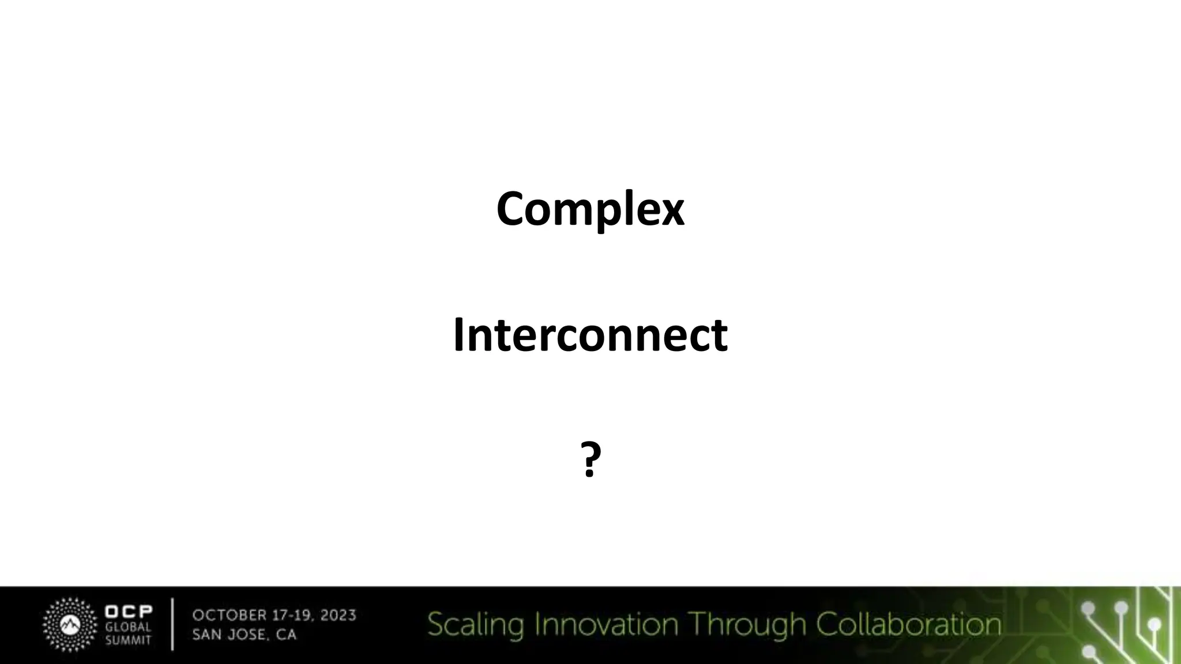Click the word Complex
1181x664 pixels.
point(590,209)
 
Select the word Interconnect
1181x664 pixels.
point(590,335)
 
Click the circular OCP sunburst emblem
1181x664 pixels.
point(70,625)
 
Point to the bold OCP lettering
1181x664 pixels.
point(129,612)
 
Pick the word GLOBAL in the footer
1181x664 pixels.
point(128,627)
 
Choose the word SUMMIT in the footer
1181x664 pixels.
point(128,640)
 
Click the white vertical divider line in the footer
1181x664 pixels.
point(172,625)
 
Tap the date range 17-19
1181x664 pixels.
point(291,616)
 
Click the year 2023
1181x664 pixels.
point(338,616)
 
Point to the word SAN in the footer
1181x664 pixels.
point(205,635)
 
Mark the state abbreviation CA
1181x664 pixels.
point(287,635)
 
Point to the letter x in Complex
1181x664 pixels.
point(671,212)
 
